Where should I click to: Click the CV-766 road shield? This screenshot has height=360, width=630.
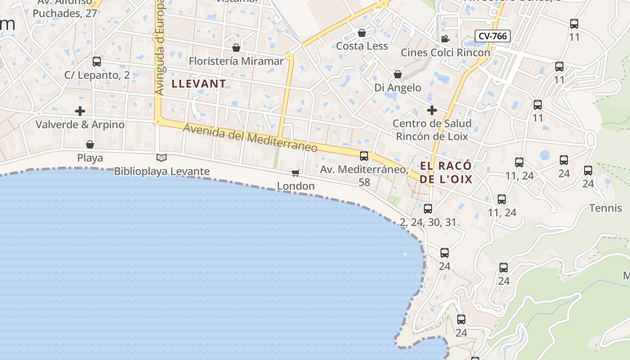click(x=493, y=36)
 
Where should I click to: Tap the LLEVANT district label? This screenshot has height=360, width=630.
click(x=198, y=84)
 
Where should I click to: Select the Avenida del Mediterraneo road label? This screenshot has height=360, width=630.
click(x=250, y=138)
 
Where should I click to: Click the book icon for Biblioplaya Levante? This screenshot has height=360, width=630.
click(x=162, y=157)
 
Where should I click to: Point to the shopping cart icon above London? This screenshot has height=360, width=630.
click(x=296, y=173)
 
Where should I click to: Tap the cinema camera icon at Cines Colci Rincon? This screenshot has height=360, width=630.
click(x=445, y=39)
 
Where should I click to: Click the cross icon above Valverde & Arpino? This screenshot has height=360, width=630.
click(x=80, y=111)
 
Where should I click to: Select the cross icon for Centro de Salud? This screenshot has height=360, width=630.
click(x=432, y=110)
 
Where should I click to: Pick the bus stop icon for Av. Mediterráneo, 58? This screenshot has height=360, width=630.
click(x=364, y=156)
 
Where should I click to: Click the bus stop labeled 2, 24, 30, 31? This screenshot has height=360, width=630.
click(x=428, y=208)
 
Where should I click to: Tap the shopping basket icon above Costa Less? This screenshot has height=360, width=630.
click(x=361, y=33)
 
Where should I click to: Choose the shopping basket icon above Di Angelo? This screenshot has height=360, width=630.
click(x=398, y=74)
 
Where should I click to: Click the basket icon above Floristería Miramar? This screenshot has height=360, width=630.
click(x=236, y=47)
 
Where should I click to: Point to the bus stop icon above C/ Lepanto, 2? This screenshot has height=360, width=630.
click(x=97, y=62)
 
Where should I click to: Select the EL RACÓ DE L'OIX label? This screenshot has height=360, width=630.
click(x=446, y=172)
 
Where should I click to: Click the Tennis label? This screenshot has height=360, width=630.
click(x=605, y=208)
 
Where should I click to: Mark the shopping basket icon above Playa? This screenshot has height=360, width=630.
click(x=90, y=144)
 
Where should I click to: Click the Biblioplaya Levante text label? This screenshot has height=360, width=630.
click(x=162, y=171)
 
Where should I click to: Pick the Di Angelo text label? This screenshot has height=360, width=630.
click(x=398, y=88)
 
